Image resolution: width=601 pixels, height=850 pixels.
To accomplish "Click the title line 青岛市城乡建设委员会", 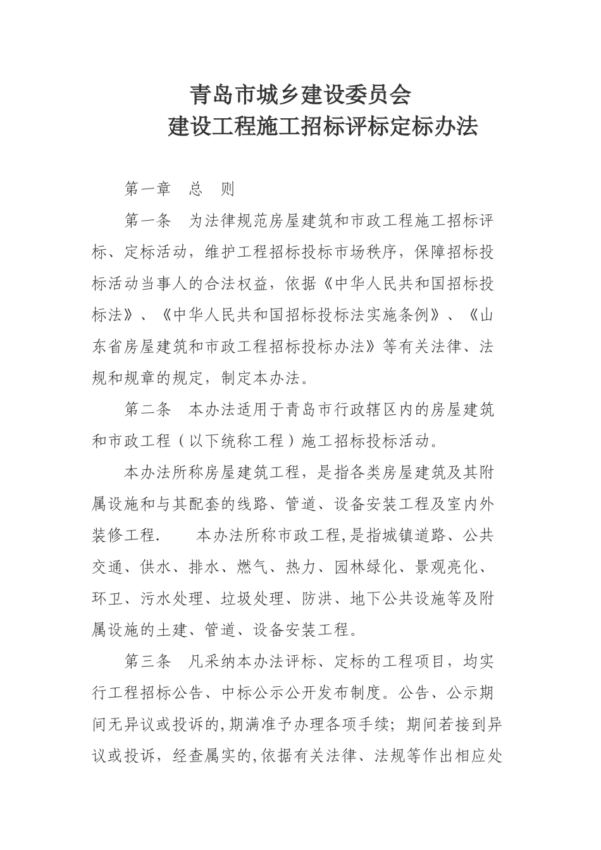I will tap(300, 95).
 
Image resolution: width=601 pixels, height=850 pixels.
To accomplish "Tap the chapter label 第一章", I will tap(148, 189).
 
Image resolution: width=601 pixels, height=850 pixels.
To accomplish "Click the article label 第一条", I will tap(148, 221).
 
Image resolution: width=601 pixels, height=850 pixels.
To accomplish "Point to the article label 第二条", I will tap(148, 409).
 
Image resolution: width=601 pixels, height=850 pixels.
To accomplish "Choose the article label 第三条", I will tap(148, 662).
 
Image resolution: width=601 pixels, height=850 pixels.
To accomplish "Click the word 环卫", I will tap(108, 599).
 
